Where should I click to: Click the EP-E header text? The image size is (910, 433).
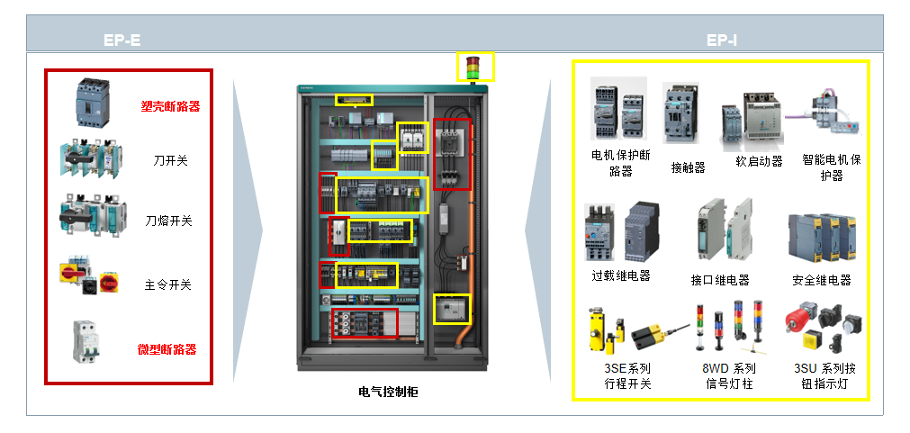coord(122,41)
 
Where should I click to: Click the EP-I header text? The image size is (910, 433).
coord(722,41)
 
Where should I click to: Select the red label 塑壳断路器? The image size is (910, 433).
coord(170,106)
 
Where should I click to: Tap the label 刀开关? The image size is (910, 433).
coord(170,161)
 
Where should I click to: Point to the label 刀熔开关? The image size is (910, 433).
coord(169,221)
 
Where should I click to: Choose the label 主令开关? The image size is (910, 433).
coord(168,285)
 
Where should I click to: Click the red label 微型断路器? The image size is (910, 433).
coord(167,349)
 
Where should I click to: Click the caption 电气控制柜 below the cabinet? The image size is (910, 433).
coord(388,392)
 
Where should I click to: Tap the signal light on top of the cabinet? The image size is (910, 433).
coord(473,68)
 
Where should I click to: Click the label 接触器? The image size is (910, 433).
coord(688,167)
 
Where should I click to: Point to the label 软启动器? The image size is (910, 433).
coord(759,161)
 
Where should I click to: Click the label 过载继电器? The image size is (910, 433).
coord(621,275)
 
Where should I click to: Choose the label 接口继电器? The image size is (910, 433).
coord(720,280)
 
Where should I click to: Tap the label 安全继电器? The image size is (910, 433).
coord(822,280)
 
